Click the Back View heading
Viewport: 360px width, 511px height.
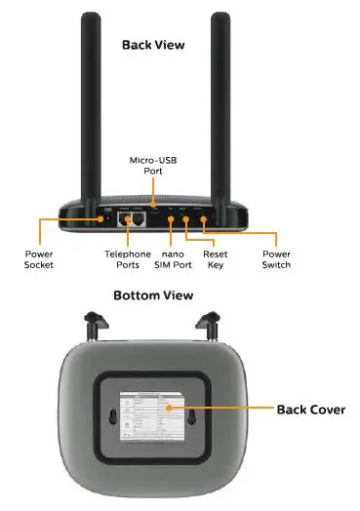152,44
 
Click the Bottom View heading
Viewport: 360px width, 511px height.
152,295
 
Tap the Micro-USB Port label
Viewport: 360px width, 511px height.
152,163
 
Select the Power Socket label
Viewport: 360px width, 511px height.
39,258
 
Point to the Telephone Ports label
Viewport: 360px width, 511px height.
128,258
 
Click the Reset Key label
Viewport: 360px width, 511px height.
215,258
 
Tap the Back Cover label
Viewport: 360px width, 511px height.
310,409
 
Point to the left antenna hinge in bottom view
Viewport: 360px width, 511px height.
95,321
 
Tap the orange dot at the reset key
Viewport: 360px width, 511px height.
184,219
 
